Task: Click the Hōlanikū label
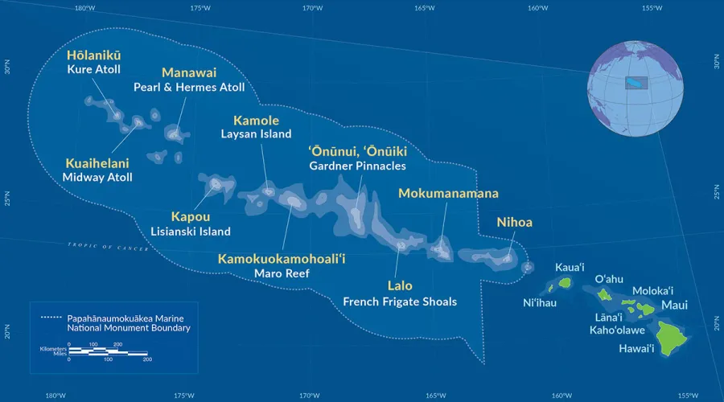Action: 94,55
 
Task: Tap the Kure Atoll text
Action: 94,70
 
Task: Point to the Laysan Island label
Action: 256,134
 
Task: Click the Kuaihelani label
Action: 97,162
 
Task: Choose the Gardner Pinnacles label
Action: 357,166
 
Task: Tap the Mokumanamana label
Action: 448,193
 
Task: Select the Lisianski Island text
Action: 191,232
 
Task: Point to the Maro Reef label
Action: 282,273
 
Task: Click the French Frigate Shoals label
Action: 400,301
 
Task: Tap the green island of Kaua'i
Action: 559,284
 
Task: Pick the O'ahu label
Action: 609,278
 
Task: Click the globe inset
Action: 636,84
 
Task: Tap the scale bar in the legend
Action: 108,352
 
